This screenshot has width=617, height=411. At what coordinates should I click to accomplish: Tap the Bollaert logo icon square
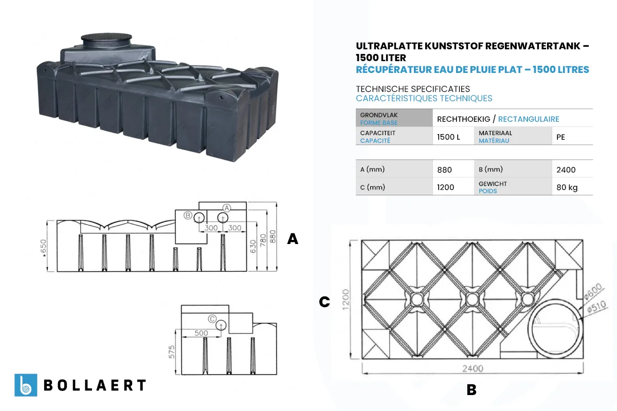pos(26,385)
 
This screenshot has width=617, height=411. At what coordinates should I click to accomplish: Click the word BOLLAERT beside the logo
pos(95,385)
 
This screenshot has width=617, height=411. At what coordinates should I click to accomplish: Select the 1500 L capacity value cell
pos(448,137)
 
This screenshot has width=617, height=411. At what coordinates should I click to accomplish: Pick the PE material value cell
pos(560,137)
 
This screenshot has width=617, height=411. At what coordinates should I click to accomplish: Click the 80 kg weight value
pos(567,188)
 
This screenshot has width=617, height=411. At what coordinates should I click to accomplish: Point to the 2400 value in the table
pos(566,170)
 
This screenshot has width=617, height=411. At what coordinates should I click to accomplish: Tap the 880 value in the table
pos(445,170)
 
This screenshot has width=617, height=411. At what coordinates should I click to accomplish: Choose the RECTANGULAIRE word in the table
pos(529,119)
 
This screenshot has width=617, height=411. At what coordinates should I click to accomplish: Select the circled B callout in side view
pos(188,215)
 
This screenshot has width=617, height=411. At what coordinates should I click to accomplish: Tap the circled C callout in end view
pos(212,319)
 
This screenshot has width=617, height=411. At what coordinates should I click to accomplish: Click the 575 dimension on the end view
pos(172,352)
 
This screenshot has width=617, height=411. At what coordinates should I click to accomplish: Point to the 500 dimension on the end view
pos(202,333)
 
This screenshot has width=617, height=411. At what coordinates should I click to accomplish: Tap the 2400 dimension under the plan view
pos(473,368)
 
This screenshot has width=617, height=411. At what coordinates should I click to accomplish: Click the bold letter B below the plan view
pos(471,390)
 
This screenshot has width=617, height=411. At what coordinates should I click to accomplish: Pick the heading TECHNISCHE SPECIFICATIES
pos(413,89)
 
